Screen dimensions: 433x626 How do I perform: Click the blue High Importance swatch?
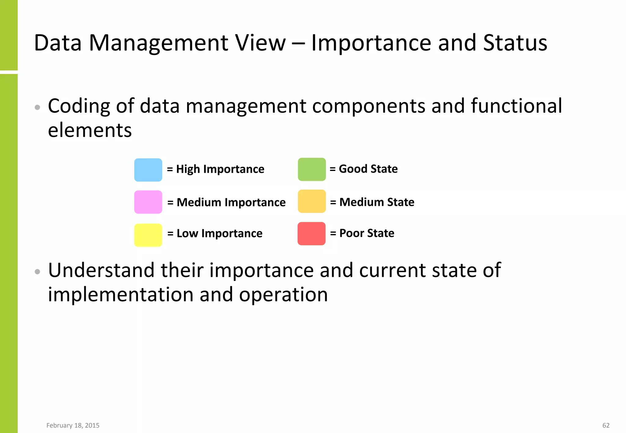click(148, 170)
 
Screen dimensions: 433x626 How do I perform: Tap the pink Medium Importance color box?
click(148, 202)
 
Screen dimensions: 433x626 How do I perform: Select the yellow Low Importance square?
click(148, 235)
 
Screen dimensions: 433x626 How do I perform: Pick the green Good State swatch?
click(312, 169)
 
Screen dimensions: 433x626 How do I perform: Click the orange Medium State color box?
click(312, 201)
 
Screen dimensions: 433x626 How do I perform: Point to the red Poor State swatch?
click(311, 234)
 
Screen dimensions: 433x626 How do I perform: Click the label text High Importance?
click(220, 169)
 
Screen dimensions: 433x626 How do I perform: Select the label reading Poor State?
click(366, 233)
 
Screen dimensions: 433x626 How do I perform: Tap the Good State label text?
click(368, 169)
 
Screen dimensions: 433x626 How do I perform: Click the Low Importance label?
click(219, 234)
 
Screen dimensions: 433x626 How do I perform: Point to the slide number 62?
click(606, 425)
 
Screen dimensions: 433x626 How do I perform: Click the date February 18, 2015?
click(73, 425)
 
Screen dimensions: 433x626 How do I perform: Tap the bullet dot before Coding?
click(37, 107)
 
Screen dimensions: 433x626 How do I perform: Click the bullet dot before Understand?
click(37, 271)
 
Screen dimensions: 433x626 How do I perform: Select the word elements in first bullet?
click(90, 130)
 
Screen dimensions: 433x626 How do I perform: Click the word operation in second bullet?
click(283, 295)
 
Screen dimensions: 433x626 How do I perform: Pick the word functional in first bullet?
click(516, 106)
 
